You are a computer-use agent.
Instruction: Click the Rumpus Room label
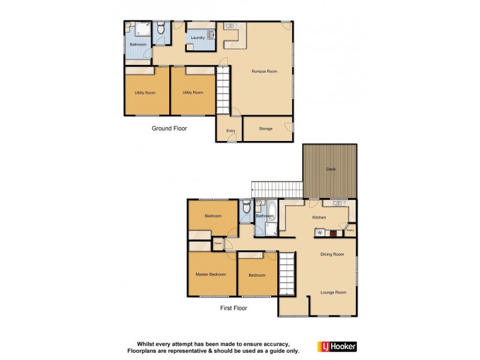coord(264,71)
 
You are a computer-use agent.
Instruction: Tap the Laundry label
coord(198,38)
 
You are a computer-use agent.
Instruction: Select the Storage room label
coord(266,129)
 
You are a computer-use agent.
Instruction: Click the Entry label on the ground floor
coord(230,131)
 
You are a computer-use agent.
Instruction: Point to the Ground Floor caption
coord(169,128)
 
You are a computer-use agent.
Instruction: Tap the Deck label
coord(331,169)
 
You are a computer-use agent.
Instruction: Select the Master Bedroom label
coord(211,274)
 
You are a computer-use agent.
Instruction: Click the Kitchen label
coord(319,217)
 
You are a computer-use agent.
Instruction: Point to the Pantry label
coord(350,230)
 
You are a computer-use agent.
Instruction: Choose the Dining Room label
coord(332,254)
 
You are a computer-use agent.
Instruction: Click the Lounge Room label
coord(333,292)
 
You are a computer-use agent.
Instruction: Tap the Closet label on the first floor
coord(218,244)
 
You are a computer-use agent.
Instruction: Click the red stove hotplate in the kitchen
coord(333,233)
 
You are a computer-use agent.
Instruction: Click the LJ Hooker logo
coord(340,347)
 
